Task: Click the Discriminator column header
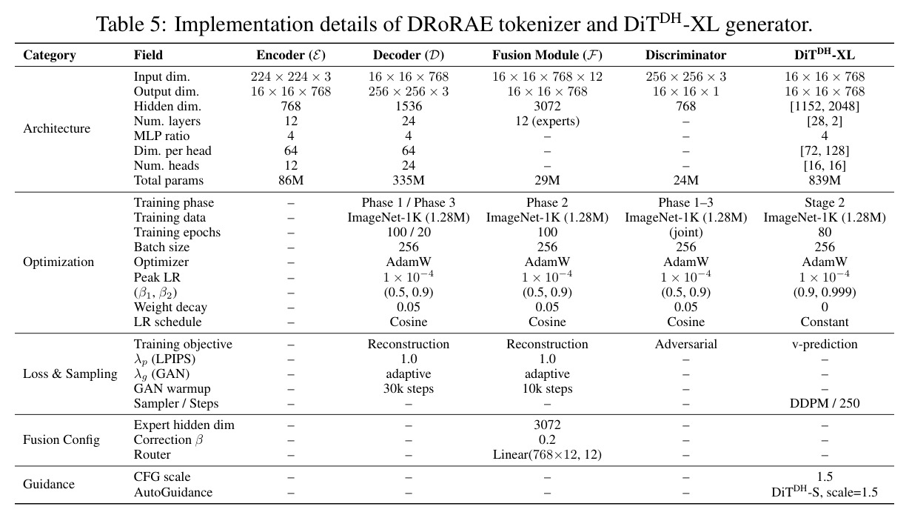click(685, 55)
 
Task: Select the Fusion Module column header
click(547, 55)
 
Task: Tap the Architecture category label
click(57, 128)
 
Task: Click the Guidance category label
click(49, 484)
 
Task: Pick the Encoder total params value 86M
click(291, 180)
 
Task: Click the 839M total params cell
click(825, 180)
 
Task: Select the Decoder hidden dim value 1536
click(409, 106)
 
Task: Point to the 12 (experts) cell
click(547, 121)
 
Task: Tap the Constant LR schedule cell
click(825, 322)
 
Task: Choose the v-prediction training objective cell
click(825, 344)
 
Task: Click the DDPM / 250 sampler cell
click(825, 403)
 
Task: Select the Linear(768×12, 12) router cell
click(547, 454)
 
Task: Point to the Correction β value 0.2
click(547, 439)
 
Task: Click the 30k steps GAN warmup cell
click(409, 389)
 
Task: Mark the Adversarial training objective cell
click(685, 344)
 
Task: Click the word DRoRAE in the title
click(449, 24)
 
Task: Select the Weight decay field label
click(170, 307)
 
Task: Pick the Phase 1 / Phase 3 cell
click(409, 202)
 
